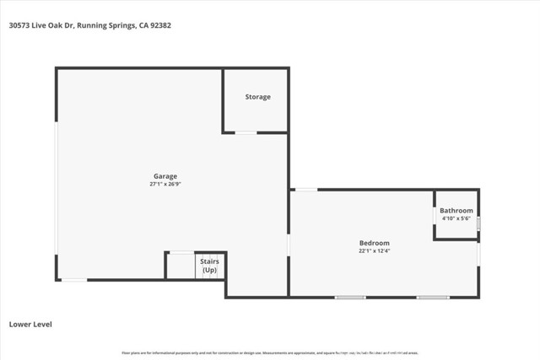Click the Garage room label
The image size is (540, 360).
[x=165, y=176]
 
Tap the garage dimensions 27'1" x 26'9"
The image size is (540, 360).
[x=165, y=184]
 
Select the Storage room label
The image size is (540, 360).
[x=258, y=97]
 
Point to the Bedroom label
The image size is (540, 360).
[x=375, y=243]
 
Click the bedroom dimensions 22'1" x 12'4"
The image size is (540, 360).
[x=375, y=250]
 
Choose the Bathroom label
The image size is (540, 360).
[x=456, y=210]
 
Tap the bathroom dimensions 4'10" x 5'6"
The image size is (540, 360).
[x=456, y=218]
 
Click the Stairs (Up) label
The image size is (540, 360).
[x=209, y=266]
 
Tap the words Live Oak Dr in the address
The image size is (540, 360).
[x=56, y=25]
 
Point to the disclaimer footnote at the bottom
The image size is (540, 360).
[x=270, y=352]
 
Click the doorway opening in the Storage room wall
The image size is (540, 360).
[x=246, y=132]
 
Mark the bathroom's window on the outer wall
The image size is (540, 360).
[x=478, y=224]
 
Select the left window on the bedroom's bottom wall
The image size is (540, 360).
[x=350, y=297]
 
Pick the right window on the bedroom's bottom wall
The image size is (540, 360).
[x=433, y=297]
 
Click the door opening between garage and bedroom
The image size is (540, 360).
[x=289, y=244]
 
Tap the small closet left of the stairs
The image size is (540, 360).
[x=180, y=266]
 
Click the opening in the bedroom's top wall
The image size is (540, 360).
[x=305, y=189]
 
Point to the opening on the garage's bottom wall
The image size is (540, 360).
[x=73, y=279]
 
